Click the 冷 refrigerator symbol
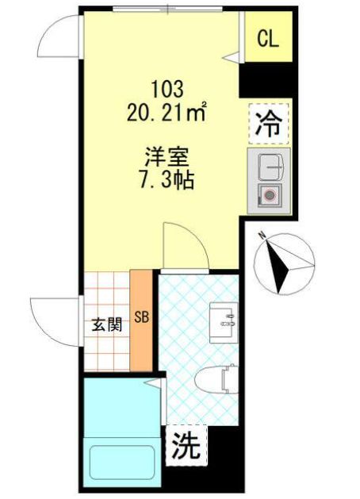270,123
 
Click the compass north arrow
279,263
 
